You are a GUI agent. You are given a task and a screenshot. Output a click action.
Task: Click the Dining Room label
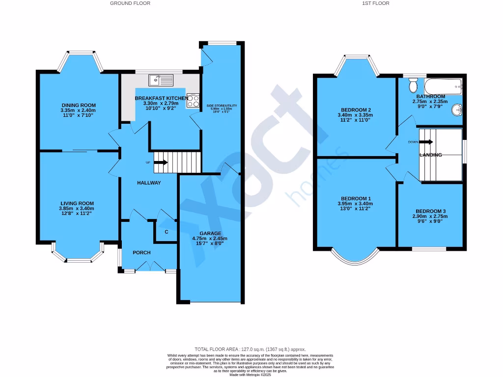pyautogui.click(x=79, y=105)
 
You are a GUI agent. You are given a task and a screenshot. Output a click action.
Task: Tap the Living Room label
pyautogui.click(x=77, y=203)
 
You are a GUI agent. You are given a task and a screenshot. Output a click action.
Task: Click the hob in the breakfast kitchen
pyautogui.click(x=193, y=101)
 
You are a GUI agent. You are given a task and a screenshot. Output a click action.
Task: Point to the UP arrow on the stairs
pyautogui.click(x=160, y=162)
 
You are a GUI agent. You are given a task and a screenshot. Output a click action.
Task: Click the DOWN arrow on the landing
pyautogui.click(x=426, y=142)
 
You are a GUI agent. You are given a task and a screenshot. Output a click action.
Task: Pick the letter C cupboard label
pyautogui.click(x=167, y=232)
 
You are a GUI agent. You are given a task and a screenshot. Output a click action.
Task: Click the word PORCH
pyautogui.click(x=141, y=253)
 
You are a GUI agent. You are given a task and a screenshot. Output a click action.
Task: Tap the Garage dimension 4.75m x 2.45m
pyautogui.click(x=210, y=239)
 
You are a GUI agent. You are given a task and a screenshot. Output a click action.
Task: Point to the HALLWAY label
pyautogui.click(x=149, y=183)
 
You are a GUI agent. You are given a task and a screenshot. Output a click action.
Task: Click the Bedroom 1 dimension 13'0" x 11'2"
pyautogui.click(x=354, y=209)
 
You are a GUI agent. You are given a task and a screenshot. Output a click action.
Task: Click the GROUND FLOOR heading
pyautogui.click(x=130, y=3)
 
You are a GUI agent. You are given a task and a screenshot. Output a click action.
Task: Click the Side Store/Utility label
pyautogui.click(x=222, y=106)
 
